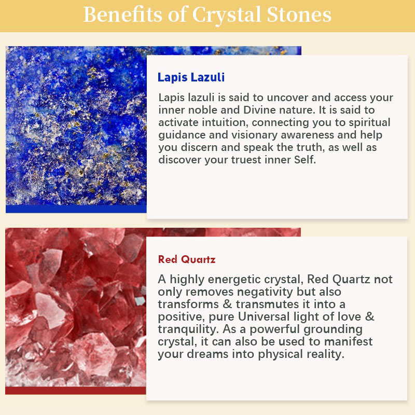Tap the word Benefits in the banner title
point(122,15)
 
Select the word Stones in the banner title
point(299,15)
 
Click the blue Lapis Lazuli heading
point(191,77)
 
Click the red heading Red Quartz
point(187,259)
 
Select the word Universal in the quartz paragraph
point(264,316)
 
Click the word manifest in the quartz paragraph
point(348,341)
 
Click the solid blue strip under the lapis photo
point(76,209)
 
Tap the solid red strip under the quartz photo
point(75,391)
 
